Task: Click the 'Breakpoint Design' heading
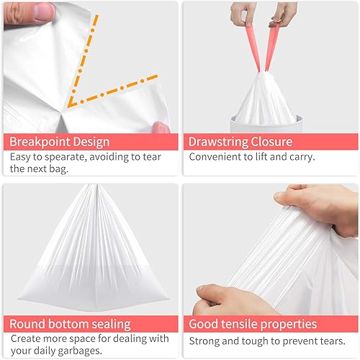pos(58,141)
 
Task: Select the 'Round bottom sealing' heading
pos(71,324)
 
